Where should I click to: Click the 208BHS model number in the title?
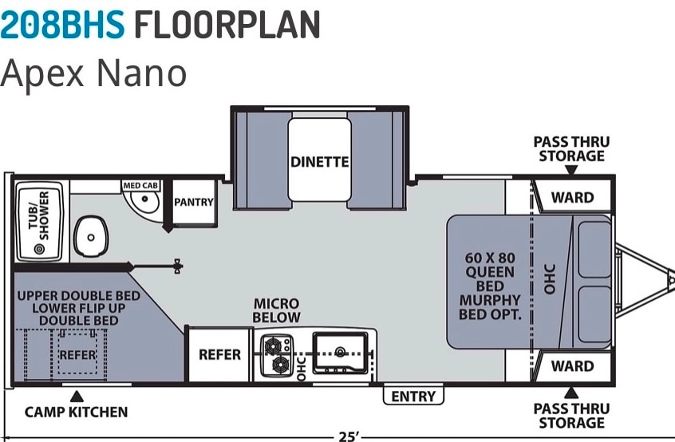point(62,24)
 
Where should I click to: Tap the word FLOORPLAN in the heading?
point(227,24)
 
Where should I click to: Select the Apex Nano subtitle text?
point(93,73)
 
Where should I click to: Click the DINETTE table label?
point(319,162)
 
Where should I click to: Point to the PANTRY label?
point(194,202)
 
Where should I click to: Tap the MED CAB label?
point(140,185)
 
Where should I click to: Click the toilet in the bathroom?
point(91,237)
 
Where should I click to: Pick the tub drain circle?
point(39,249)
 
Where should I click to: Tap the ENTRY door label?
point(413,396)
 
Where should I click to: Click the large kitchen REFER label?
point(219,354)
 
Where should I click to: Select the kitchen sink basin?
point(341,353)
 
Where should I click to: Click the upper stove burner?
point(273,345)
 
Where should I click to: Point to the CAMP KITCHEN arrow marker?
point(77,397)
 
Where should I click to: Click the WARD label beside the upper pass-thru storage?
point(572,198)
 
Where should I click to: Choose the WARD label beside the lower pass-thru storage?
point(572,366)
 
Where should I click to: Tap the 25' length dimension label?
point(348,436)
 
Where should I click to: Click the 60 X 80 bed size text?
point(490,258)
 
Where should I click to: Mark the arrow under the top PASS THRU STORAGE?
point(570,170)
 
